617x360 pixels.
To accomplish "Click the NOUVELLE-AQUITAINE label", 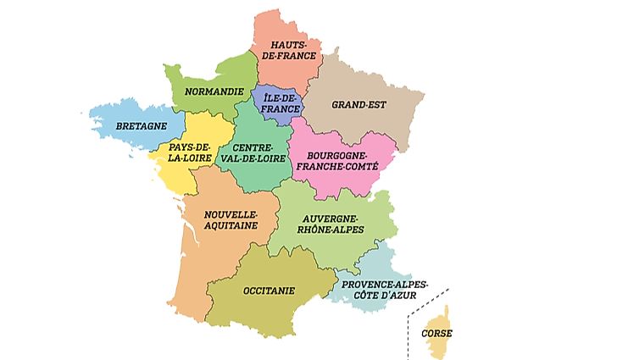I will tap(229, 222).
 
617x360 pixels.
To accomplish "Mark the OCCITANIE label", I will tap(269, 290).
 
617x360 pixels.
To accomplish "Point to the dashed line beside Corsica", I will tap(410, 330).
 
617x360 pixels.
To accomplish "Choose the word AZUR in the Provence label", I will tap(401, 295).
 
